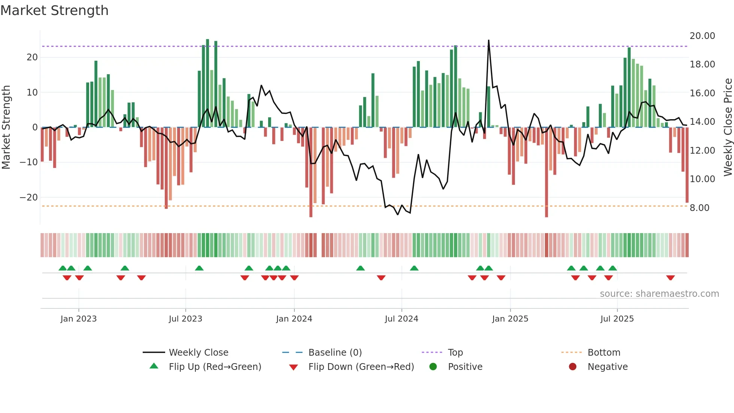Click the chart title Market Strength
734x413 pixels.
(x=54, y=10)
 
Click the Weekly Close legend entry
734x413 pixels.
(x=198, y=352)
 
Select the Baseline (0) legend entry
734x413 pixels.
(x=335, y=352)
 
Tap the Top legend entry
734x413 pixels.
(x=455, y=352)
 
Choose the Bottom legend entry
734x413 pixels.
(x=604, y=352)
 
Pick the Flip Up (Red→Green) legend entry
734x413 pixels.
(x=215, y=367)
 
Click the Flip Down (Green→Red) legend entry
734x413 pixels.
(x=361, y=367)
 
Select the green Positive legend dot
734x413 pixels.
(x=433, y=367)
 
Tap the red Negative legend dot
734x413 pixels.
(x=573, y=367)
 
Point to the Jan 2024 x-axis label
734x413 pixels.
(x=294, y=319)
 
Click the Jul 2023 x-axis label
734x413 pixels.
(x=185, y=319)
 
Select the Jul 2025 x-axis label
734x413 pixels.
(x=617, y=319)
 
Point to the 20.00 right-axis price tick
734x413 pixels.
(x=702, y=36)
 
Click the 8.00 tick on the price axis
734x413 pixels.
(x=699, y=208)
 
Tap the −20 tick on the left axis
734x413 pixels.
(x=29, y=197)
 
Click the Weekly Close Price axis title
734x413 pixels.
(x=728, y=127)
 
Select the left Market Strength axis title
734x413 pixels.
(x=6, y=127)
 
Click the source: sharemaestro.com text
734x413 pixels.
(x=659, y=293)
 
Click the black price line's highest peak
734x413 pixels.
(x=488, y=40)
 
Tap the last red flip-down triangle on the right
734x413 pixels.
(x=670, y=278)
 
